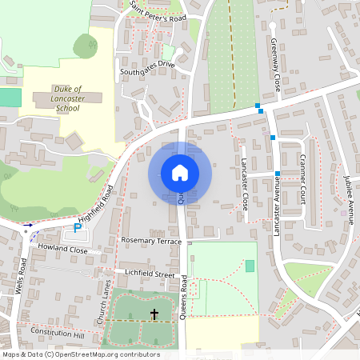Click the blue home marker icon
coord(180,173)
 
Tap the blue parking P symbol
coord(78,228)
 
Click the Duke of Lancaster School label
coord(67,98)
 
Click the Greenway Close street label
coord(274,64)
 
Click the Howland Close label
coord(62,250)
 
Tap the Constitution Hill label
coord(57,331)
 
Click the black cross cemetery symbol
coord(154,315)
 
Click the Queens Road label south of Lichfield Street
coord(183,298)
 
